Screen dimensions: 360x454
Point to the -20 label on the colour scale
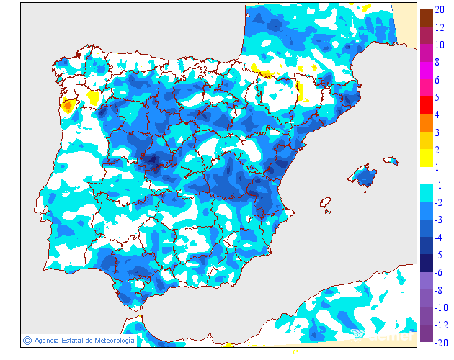coord(441,342)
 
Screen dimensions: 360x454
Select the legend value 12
coord(440,28)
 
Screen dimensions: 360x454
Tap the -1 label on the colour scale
coord(439,184)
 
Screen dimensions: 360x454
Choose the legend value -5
coord(439,254)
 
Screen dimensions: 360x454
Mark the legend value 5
coord(437,97)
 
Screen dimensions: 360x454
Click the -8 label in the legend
coord(439,289)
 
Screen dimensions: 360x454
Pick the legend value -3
coord(439,220)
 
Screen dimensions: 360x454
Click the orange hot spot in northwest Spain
coord(68,107)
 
